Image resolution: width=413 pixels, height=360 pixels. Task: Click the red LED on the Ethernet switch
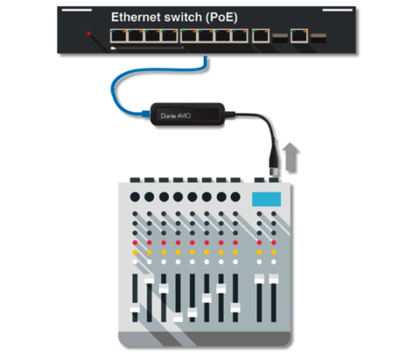tap(89, 33)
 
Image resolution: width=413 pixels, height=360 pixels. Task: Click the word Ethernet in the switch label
tap(136, 17)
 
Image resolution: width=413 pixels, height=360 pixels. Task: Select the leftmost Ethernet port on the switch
tap(119, 36)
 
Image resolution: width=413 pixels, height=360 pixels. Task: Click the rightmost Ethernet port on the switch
tap(299, 36)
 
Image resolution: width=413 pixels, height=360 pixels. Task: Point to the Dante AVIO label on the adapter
tap(176, 116)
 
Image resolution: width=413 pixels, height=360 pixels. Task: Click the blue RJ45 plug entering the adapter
tap(146, 114)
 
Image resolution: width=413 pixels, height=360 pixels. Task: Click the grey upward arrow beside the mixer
tap(290, 157)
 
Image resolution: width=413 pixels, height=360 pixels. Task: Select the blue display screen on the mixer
tap(266, 199)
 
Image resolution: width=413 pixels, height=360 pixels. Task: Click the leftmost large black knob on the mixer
tap(135, 197)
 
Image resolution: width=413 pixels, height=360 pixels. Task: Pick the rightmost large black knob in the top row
tap(235, 197)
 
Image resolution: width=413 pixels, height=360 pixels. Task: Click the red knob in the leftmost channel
tap(135, 243)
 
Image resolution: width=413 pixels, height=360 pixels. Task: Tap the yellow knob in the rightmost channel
tap(274, 252)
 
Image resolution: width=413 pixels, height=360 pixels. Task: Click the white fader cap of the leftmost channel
tap(135, 308)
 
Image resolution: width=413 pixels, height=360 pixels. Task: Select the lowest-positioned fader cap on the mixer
tap(178, 317)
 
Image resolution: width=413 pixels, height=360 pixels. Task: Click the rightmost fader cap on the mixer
tap(274, 279)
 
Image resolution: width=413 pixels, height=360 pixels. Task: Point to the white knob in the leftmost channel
tap(135, 262)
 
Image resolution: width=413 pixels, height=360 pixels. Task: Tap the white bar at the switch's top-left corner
tap(77, 10)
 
